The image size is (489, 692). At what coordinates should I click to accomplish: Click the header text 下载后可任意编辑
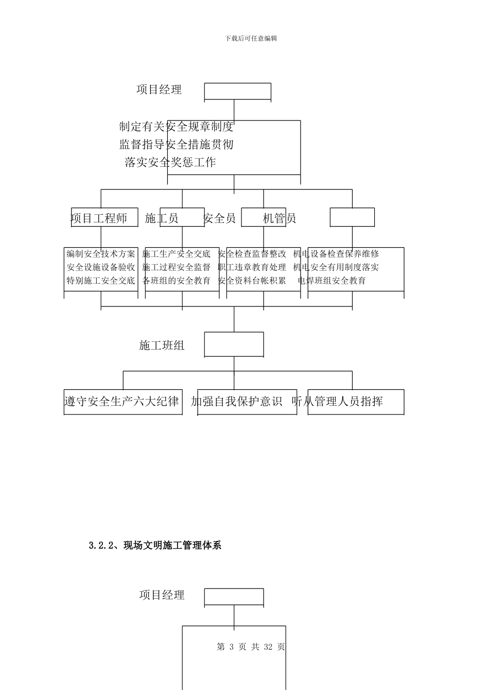(251, 39)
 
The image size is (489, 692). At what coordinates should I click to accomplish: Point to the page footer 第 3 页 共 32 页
(251, 647)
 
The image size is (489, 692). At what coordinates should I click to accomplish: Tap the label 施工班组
(162, 345)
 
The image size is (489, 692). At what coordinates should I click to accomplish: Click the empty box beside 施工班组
(234, 344)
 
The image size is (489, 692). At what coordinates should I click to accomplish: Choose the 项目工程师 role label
(99, 218)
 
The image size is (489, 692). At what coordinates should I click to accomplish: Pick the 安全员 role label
(220, 218)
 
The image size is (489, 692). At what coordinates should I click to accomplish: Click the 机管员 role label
(280, 218)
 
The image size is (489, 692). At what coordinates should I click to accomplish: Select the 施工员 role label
(162, 218)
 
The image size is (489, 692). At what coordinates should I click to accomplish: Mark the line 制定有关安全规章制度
(177, 127)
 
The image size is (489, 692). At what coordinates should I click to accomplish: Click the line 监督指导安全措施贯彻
(177, 145)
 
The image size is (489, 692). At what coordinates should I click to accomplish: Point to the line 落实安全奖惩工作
(170, 163)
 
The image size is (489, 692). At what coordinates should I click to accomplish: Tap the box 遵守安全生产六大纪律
(122, 401)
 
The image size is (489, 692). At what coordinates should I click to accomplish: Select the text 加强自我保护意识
(237, 401)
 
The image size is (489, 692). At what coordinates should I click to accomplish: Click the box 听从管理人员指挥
(338, 401)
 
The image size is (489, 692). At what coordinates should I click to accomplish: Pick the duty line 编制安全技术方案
(101, 254)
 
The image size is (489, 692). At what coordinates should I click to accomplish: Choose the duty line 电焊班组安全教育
(332, 281)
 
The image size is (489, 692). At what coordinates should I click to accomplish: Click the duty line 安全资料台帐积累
(252, 281)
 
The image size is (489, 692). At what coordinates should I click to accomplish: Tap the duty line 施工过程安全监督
(177, 267)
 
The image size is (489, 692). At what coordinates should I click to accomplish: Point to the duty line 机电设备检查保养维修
(336, 254)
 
